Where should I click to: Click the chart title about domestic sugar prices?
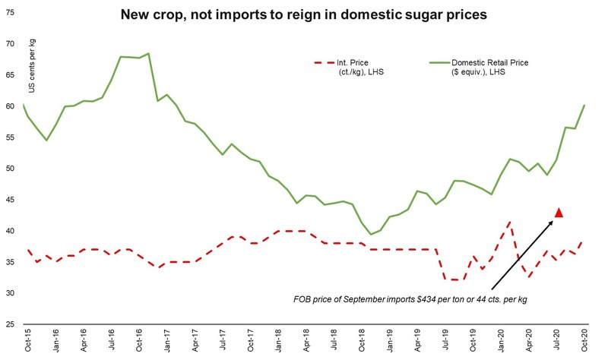click(303, 14)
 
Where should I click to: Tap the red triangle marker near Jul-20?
click(559, 213)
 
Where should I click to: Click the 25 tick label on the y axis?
click(10, 324)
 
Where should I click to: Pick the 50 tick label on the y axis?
click(10, 169)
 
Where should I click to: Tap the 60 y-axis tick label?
click(10, 106)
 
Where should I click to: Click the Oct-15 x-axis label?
click(27, 343)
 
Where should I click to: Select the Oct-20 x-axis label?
click(583, 343)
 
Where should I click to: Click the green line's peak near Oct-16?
click(148, 53)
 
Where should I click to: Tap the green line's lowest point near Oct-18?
click(370, 235)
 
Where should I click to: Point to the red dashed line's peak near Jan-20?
click(508, 223)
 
